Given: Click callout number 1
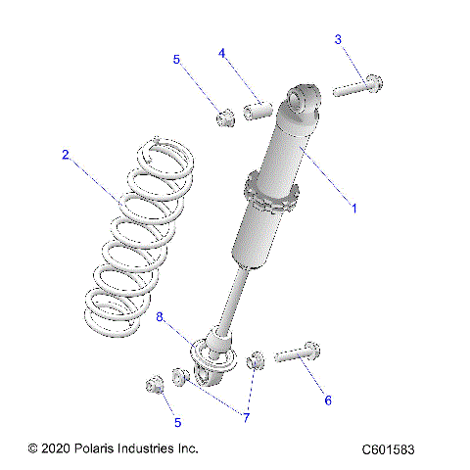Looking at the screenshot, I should (353, 208).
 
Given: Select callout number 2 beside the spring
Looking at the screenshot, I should (66, 154).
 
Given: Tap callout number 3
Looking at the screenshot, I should (338, 39).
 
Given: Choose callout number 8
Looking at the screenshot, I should (161, 316).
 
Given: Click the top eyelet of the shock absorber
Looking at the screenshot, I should (304, 100).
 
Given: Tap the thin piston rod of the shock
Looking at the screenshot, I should (235, 299).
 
